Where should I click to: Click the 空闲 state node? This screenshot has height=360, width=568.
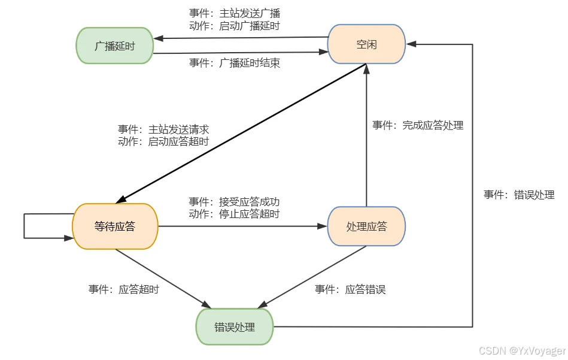(x=366, y=44)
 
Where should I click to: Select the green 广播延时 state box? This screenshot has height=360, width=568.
(x=114, y=46)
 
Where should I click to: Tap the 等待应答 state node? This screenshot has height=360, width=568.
(x=115, y=226)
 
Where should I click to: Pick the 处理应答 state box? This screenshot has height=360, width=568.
(x=366, y=226)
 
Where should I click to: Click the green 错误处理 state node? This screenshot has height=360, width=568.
(x=235, y=327)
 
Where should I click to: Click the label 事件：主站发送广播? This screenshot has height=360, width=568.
(x=234, y=13)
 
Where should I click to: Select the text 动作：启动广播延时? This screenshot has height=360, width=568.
(x=234, y=26)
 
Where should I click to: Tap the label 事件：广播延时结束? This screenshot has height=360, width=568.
(x=234, y=63)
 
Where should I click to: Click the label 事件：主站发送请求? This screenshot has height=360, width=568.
(x=163, y=129)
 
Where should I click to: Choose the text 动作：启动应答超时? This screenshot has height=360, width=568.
(x=163, y=142)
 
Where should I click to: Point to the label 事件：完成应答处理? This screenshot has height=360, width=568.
(x=418, y=125)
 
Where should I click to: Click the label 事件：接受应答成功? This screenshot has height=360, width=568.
(x=234, y=201)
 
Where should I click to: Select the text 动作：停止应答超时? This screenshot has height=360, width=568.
(x=234, y=213)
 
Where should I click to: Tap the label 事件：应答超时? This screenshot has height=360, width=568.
(x=124, y=289)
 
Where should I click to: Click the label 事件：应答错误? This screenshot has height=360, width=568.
(x=350, y=289)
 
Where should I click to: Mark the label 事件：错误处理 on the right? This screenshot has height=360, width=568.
(x=519, y=195)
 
